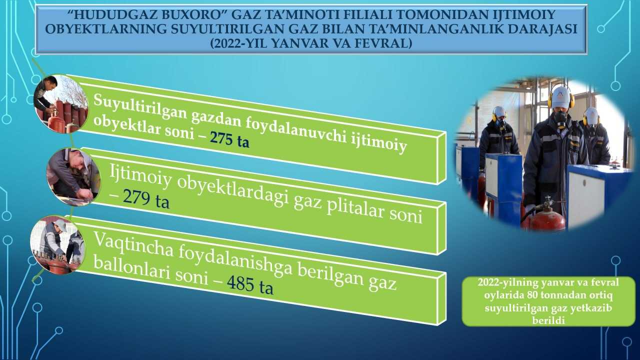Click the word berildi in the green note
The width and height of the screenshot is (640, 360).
pos(548,320)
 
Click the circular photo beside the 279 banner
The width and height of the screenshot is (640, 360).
pos(73,176)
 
